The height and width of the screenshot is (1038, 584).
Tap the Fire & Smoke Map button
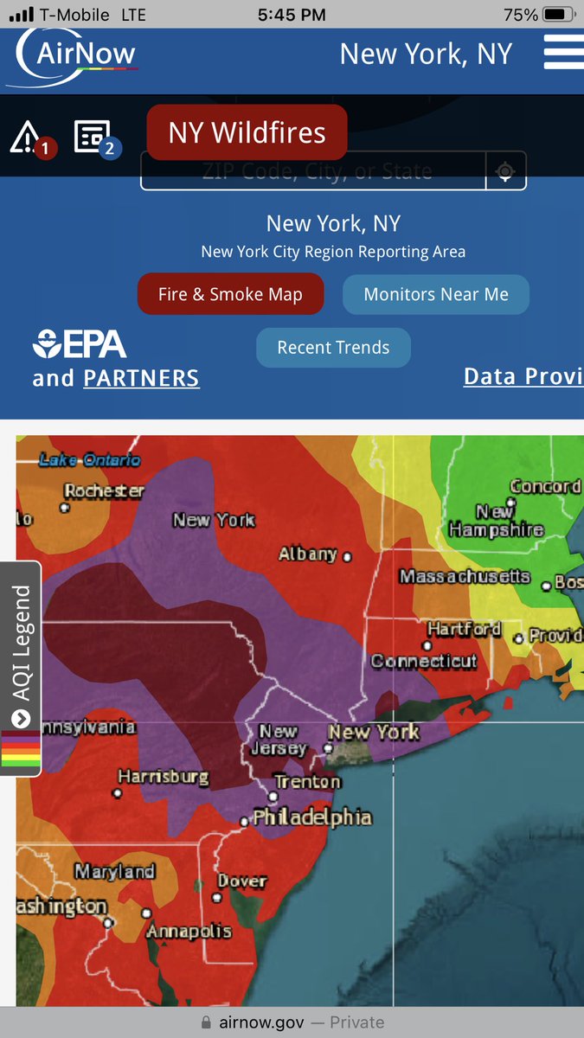(x=230, y=294)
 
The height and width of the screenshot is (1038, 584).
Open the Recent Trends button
(x=333, y=348)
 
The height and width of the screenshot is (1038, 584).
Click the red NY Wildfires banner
(x=247, y=132)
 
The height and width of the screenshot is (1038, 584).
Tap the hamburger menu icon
(x=563, y=54)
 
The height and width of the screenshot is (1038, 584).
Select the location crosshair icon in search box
(x=506, y=171)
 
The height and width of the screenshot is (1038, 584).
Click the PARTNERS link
(x=141, y=378)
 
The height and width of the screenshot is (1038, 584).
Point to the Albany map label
(x=307, y=554)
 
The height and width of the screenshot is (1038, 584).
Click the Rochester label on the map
(x=104, y=490)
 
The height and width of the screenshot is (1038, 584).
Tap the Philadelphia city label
(x=311, y=817)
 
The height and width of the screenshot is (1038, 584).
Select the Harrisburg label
(x=163, y=777)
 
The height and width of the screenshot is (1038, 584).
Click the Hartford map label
(x=464, y=629)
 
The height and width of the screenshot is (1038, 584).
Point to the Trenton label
(x=307, y=782)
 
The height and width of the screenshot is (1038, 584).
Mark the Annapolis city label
(x=189, y=932)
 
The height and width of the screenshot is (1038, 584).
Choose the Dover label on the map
(x=241, y=881)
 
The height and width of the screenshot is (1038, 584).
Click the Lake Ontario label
(x=89, y=460)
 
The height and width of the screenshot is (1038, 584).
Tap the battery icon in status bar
(x=555, y=15)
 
